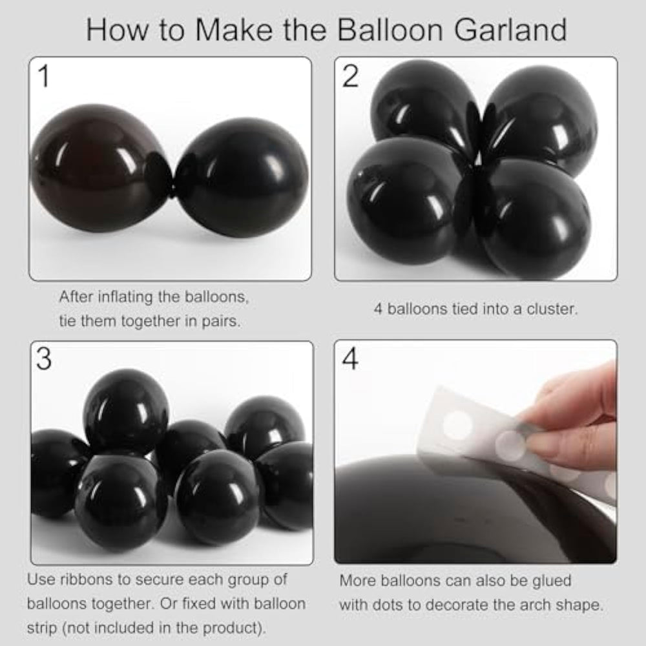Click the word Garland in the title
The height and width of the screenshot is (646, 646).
click(x=510, y=30)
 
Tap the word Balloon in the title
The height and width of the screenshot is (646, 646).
click(x=390, y=30)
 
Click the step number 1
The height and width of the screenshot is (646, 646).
click(x=44, y=76)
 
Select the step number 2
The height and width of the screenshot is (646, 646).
click(x=350, y=76)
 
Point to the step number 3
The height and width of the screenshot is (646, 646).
click(x=44, y=359)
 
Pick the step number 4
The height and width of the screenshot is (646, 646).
click(x=350, y=359)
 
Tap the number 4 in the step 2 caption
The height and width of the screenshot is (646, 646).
click(x=378, y=309)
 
